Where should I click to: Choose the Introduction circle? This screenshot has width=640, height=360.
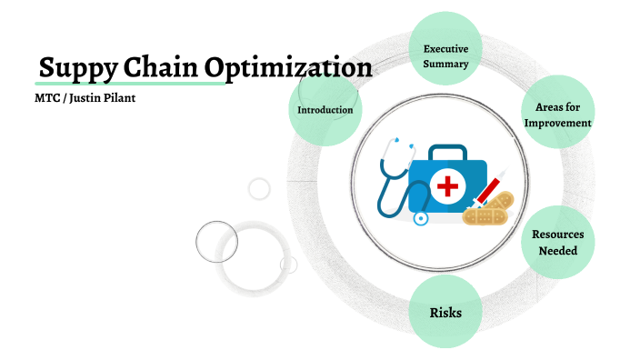tap(325, 110)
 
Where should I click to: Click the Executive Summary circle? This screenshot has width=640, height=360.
tap(445, 55)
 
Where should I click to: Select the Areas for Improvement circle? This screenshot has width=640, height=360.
tap(558, 115)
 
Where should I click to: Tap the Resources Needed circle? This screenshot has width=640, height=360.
tap(557, 242)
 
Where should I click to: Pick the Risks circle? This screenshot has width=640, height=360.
tap(445, 313)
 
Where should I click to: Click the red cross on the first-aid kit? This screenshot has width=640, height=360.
tap(446, 188)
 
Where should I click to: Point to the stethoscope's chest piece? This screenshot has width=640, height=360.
tap(420, 218)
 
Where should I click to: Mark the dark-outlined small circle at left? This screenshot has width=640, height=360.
tap(216, 241)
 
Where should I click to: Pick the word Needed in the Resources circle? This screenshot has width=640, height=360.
tap(557, 250)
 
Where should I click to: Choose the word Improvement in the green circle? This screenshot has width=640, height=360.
tap(558, 123)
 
